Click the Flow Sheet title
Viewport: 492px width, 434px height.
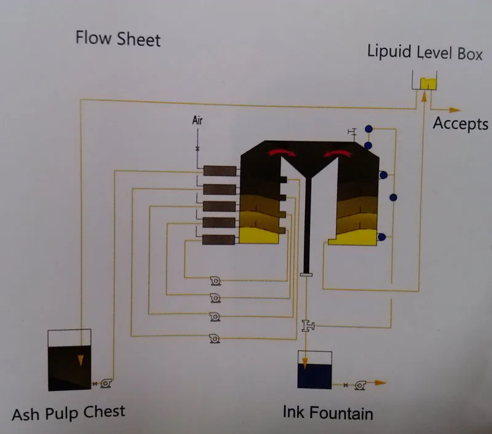coord(117,39)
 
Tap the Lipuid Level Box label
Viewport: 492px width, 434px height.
coord(425,52)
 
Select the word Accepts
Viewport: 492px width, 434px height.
coord(460,124)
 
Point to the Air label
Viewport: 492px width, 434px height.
coord(197,120)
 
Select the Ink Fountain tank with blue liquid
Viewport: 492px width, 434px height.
coord(314,369)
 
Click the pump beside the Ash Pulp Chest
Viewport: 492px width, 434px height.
coord(106,384)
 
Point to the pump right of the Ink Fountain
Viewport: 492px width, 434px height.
coord(360,384)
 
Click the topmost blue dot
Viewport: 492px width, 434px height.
coord(369,129)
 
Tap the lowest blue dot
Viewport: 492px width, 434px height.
coord(382,237)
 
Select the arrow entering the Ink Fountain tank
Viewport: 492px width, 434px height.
coord(304,357)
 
